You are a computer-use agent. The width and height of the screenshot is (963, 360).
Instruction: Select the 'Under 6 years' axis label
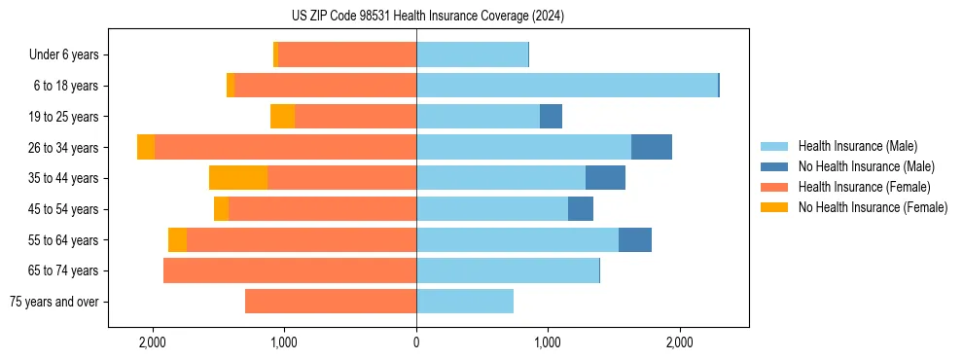(63, 55)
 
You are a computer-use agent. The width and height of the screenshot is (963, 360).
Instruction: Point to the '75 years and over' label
(53, 302)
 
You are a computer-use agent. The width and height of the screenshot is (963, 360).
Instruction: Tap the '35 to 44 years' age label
(63, 178)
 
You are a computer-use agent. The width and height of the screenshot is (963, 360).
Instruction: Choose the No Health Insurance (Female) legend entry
(873, 207)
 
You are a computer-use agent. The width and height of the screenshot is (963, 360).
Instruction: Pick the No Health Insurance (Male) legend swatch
(775, 166)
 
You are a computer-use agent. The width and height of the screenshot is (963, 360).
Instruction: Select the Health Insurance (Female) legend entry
(864, 187)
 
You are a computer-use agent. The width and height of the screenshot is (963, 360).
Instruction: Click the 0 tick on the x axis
(416, 342)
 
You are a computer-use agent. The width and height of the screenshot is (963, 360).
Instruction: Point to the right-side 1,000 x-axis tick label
(548, 342)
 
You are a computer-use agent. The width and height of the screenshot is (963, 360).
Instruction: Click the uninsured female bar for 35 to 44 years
(238, 178)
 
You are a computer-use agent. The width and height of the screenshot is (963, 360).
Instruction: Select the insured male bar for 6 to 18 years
(567, 86)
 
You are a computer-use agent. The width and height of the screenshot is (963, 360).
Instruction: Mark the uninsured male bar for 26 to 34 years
(652, 147)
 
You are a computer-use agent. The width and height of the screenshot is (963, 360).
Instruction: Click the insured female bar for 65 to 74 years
(290, 270)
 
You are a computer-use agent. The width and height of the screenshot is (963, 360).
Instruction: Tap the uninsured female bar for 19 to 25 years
(282, 117)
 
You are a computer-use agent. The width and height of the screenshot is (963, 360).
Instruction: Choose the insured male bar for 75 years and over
(465, 302)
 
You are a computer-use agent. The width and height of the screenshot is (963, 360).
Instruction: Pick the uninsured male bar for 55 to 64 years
(635, 239)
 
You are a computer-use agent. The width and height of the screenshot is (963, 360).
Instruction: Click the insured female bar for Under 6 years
(347, 55)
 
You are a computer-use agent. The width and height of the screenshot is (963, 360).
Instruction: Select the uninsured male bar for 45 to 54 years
(581, 209)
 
